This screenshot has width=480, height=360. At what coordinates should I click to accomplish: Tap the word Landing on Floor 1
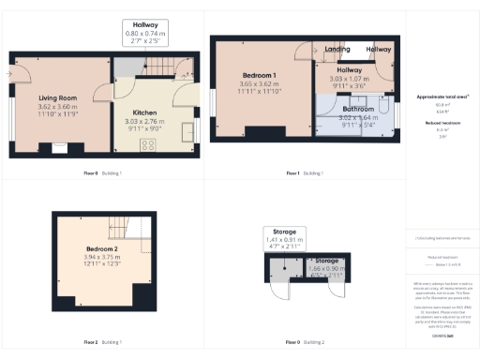click(x=337, y=49)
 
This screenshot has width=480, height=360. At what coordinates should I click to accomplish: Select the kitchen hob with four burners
click(x=147, y=144)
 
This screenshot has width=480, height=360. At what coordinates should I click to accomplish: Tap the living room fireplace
click(x=61, y=145)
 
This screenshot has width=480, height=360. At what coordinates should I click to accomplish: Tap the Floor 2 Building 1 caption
click(x=102, y=341)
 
